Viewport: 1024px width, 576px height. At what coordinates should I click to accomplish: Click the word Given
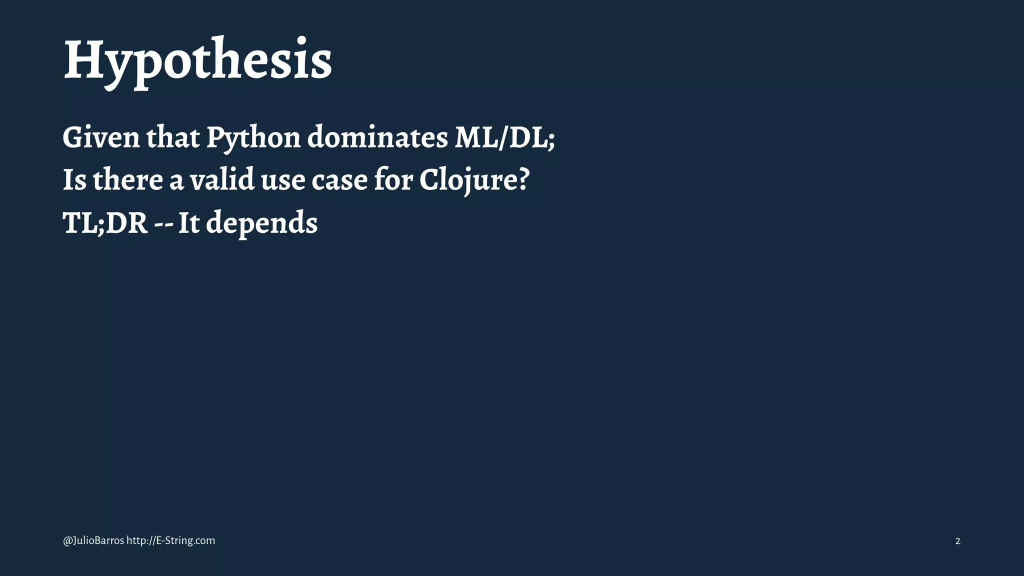point(101,137)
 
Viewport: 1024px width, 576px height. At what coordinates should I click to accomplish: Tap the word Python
point(253,138)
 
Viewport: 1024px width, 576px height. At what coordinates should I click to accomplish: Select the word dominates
point(377,137)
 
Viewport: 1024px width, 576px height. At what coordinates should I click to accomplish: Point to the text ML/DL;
point(504,137)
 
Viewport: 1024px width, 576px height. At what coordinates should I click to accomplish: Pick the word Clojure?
point(474,180)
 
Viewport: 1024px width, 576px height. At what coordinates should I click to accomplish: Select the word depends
point(261,224)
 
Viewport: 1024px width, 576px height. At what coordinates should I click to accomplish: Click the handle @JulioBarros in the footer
point(93,540)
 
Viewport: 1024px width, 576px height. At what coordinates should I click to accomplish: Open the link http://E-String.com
point(171,540)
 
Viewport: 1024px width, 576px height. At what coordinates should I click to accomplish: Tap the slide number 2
point(957,541)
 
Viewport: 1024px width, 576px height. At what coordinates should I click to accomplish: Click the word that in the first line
point(173,137)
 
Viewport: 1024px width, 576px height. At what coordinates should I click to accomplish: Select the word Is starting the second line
point(74,180)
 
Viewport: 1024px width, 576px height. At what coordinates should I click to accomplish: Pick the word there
point(127,180)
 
